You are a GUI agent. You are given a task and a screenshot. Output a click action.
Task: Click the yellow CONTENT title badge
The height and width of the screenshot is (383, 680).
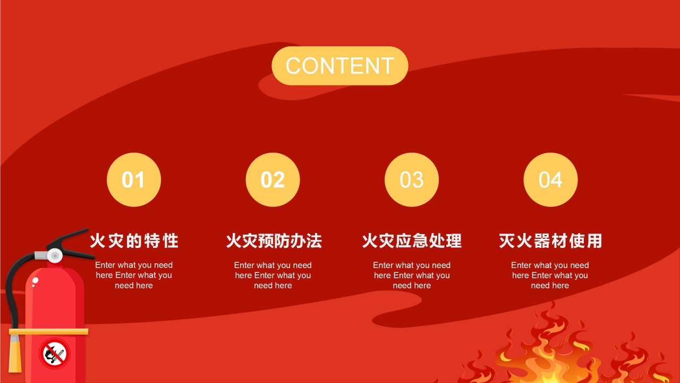point(339,65)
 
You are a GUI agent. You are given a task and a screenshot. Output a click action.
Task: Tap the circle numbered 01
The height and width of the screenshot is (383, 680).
point(134,180)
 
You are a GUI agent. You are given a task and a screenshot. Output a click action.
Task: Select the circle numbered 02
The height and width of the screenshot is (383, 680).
point(273,180)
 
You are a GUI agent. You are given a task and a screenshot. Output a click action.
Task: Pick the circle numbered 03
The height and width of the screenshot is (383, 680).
point(412,180)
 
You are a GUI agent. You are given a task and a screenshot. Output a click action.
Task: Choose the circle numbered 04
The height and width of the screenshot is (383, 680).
point(551,180)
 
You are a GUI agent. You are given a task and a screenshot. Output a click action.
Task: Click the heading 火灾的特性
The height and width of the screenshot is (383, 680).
point(134,241)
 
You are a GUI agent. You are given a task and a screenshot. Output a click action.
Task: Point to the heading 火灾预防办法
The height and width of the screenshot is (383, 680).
point(274,241)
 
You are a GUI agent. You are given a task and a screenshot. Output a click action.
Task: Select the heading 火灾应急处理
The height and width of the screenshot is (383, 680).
point(412,241)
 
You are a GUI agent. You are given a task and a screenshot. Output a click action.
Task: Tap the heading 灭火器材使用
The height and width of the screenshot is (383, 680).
point(550,241)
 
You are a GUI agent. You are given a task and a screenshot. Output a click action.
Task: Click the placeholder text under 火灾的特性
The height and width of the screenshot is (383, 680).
point(134,275)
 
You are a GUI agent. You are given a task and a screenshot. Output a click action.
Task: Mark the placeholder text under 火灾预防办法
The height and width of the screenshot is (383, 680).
point(273,275)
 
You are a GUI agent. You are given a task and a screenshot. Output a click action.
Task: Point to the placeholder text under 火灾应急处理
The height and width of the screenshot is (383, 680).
point(412,275)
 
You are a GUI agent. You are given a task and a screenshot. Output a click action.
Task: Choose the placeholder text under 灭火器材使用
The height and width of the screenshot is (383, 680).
point(550,275)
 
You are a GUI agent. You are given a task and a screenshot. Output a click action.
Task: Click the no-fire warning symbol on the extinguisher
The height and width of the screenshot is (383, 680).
point(55,354)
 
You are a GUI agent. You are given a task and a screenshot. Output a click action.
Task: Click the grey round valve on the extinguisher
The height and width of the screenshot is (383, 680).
point(55,256)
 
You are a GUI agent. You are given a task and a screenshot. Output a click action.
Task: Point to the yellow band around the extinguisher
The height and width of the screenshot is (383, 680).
point(48,331)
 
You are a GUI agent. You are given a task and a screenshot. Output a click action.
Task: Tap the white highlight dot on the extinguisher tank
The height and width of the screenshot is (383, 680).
point(35,280)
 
